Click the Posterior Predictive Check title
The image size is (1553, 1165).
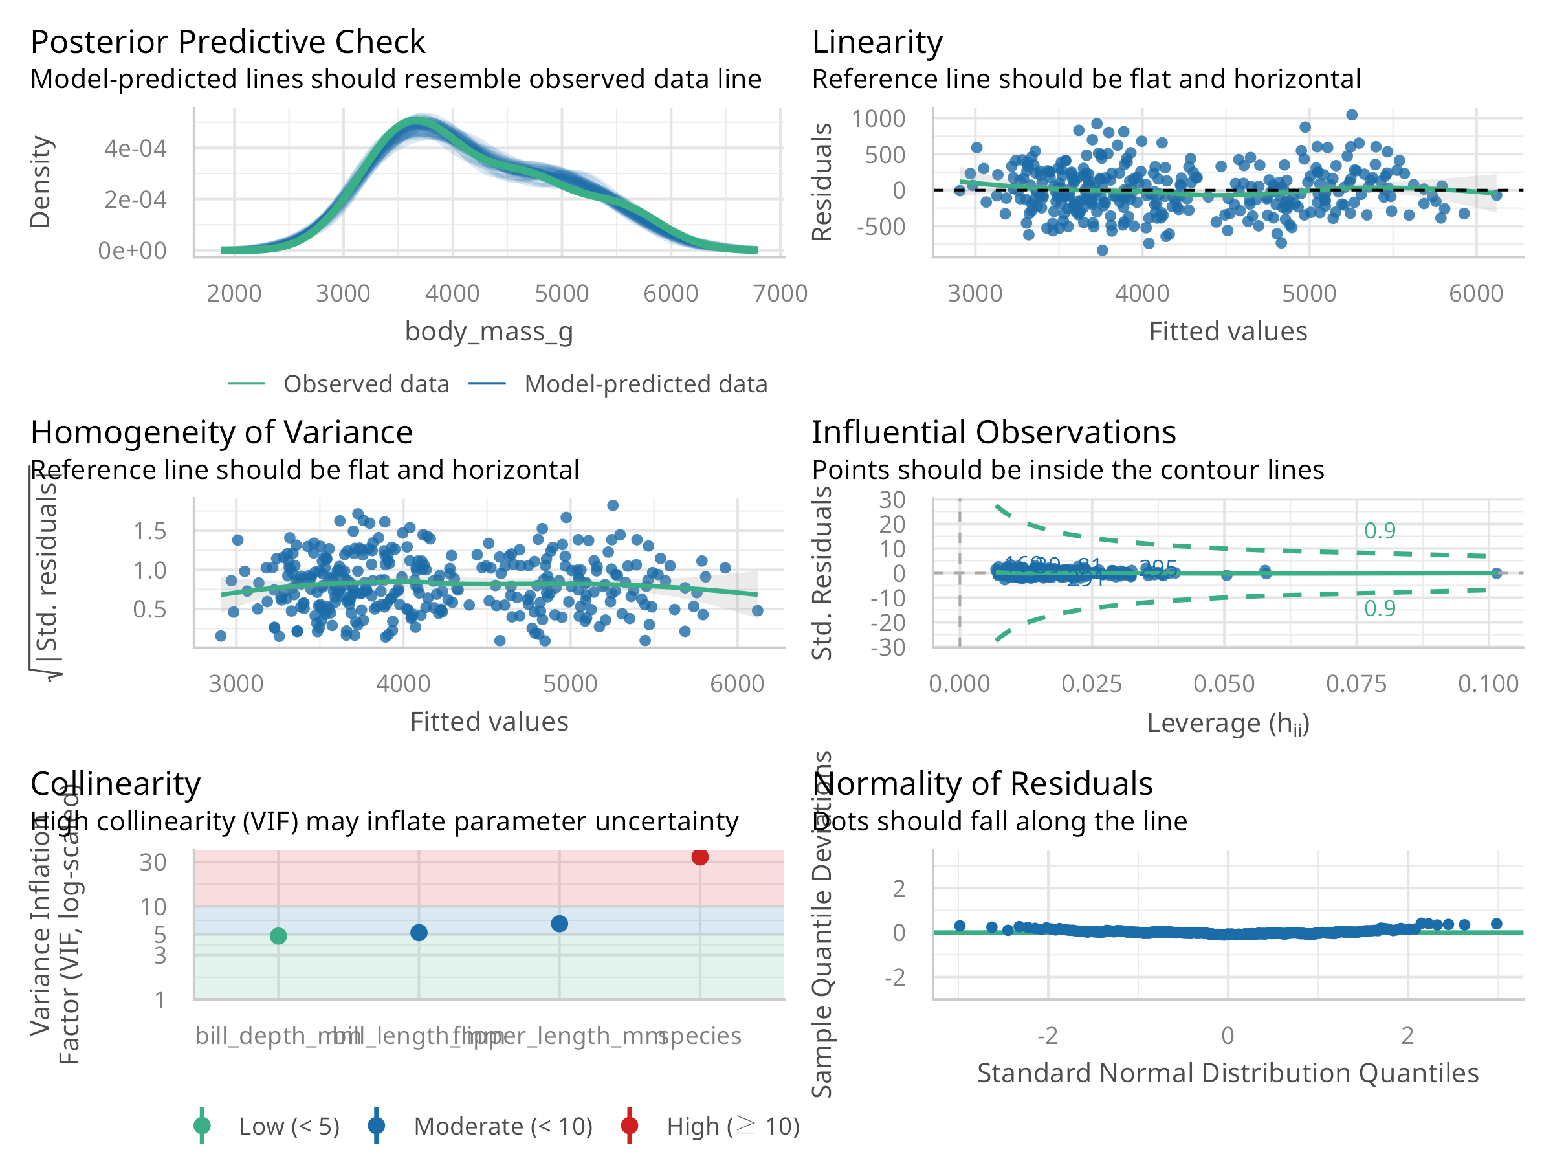click(228, 42)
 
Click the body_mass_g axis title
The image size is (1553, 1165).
click(489, 331)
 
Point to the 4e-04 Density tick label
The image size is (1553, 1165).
click(135, 148)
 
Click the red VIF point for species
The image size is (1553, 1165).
click(699, 857)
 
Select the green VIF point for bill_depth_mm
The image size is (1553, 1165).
click(278, 935)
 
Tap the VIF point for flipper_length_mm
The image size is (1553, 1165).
click(559, 924)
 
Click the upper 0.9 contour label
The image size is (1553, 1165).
click(1379, 530)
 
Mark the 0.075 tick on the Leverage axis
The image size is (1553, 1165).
click(1356, 683)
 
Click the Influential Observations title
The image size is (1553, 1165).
click(993, 432)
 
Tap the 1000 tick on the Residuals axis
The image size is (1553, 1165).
click(877, 118)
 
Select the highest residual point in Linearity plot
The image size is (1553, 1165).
click(1352, 115)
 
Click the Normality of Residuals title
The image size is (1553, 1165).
click(982, 783)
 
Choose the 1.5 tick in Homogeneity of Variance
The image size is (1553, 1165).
click(149, 531)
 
